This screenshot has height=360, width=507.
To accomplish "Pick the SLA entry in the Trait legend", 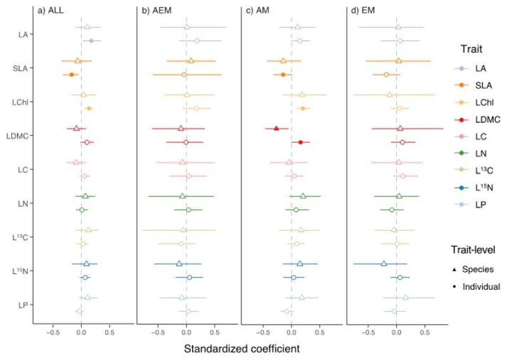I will [x=480, y=84].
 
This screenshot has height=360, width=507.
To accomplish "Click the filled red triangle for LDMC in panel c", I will [x=276, y=128].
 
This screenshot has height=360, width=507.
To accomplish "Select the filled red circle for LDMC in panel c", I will [x=300, y=143].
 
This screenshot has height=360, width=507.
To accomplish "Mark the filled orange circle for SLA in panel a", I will [x=71, y=75].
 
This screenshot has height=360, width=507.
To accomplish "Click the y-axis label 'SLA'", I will [x=18, y=68].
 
